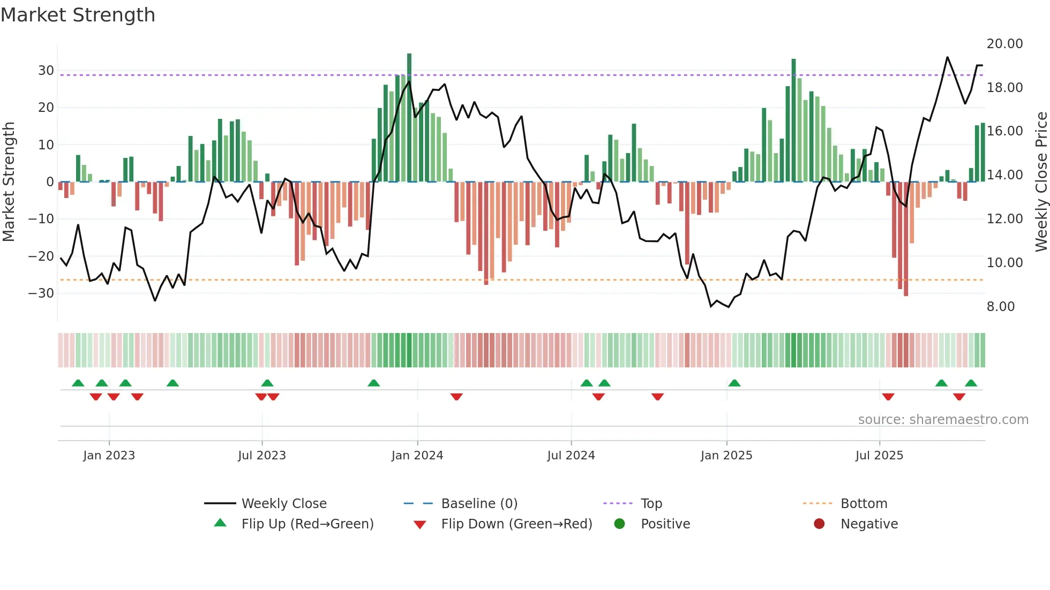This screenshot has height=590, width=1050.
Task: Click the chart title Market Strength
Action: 78,15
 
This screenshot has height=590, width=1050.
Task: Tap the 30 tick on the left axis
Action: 46,71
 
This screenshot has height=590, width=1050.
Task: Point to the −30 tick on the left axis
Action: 41,293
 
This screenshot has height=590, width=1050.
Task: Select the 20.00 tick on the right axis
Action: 1004,44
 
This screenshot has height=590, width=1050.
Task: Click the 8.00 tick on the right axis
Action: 1000,307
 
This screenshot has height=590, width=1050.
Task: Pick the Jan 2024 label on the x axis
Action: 417,456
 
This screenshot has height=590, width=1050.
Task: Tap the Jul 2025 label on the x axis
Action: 879,456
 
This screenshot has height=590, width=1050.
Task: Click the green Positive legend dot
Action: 619,524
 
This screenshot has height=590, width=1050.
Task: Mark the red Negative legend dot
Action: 819,524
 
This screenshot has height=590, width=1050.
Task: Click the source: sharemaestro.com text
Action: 943,420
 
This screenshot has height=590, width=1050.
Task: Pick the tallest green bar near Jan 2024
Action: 409,118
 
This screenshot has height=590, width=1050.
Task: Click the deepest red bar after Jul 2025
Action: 906,239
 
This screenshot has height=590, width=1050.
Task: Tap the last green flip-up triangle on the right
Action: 971,383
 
